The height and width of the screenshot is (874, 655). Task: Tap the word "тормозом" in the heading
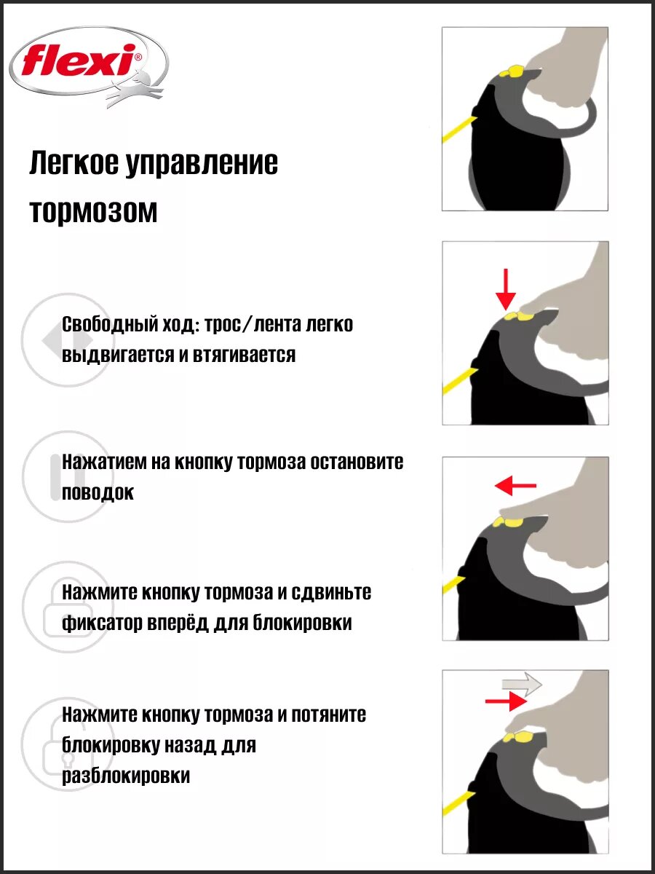tap(93, 212)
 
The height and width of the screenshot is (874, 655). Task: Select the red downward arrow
tap(505, 288)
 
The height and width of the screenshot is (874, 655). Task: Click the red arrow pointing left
tap(515, 484)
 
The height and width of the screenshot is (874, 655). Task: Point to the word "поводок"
tap(98, 492)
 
